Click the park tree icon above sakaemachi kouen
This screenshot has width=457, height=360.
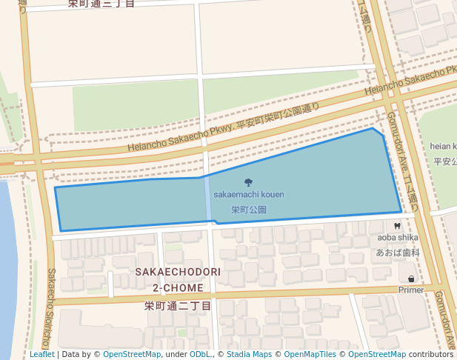tap(248, 182)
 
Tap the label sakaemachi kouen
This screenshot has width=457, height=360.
tap(249, 195)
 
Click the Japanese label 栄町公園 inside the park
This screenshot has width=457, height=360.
tap(249, 210)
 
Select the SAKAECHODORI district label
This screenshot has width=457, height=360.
tap(178, 273)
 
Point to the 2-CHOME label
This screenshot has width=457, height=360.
tap(178, 287)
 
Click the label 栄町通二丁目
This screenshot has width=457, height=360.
tap(178, 305)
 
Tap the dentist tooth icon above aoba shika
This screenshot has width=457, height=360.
tap(398, 225)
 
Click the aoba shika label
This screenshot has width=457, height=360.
tap(398, 238)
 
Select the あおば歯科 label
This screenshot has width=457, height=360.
tap(398, 253)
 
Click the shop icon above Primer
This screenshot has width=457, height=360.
tap(411, 279)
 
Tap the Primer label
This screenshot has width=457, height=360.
tap(411, 290)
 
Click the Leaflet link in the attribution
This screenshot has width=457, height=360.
tap(42, 354)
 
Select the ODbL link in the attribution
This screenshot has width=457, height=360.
tap(199, 354)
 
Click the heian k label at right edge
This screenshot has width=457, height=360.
tap(443, 147)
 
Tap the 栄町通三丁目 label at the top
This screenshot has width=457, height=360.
tap(101, 4)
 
